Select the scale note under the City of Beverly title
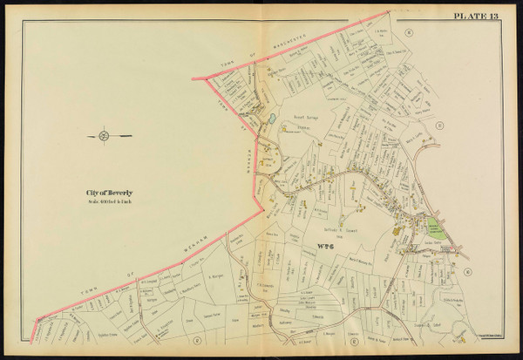coord(109,202)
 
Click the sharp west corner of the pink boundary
coord(205,78)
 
